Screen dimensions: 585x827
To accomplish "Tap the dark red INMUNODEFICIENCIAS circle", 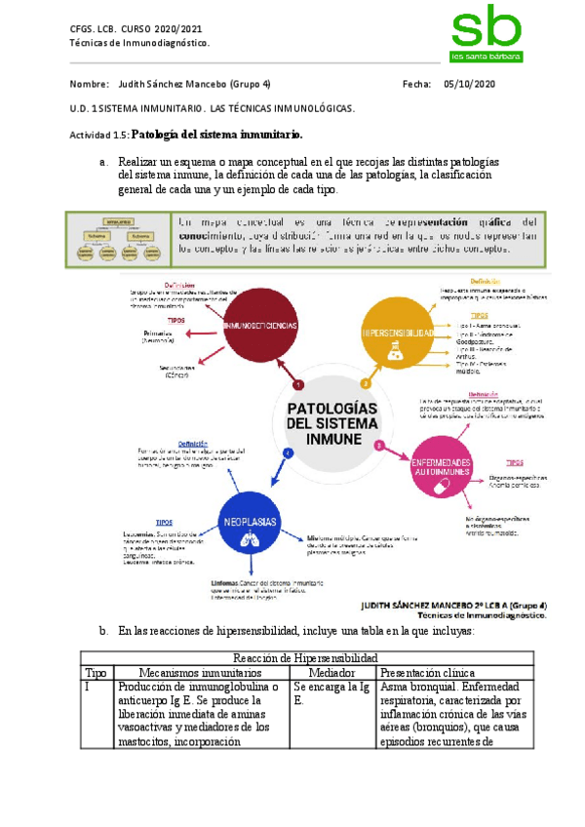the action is [260, 324].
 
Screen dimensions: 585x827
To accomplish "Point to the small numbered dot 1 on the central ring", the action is [298, 385].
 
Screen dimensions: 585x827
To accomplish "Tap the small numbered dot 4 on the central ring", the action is [287, 453].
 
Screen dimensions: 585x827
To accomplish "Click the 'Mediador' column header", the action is [331, 673].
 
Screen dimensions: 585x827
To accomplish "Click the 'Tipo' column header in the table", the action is [97, 673].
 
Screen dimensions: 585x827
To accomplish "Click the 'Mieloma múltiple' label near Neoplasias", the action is [333, 537].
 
